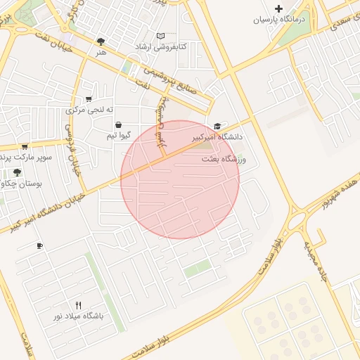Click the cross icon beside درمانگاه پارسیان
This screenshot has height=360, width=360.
(279, 9)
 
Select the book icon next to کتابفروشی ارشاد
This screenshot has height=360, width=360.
(161, 35)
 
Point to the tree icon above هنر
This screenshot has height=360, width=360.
(101, 41)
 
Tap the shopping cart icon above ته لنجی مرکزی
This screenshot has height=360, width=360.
(89, 99)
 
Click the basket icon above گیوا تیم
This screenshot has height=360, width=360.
(117, 124)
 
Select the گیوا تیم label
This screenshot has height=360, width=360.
(117, 135)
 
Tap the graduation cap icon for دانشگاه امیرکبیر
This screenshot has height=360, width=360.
(217, 127)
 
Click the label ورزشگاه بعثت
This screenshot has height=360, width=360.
(225, 160)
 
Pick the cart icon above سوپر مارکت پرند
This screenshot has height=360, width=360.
(25, 146)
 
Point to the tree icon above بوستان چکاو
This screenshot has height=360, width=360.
(17, 172)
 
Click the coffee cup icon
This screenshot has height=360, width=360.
(39, 246)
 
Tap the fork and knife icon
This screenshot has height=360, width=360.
(78, 305)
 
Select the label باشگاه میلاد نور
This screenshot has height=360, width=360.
(78, 316)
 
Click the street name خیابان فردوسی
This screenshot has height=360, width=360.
(73, 151)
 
